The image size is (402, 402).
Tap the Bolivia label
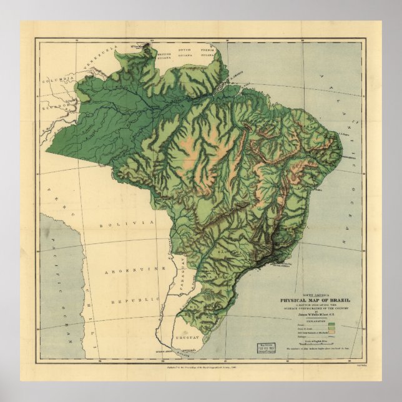click(x=130, y=223)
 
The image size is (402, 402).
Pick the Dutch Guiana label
click(x=187, y=50)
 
